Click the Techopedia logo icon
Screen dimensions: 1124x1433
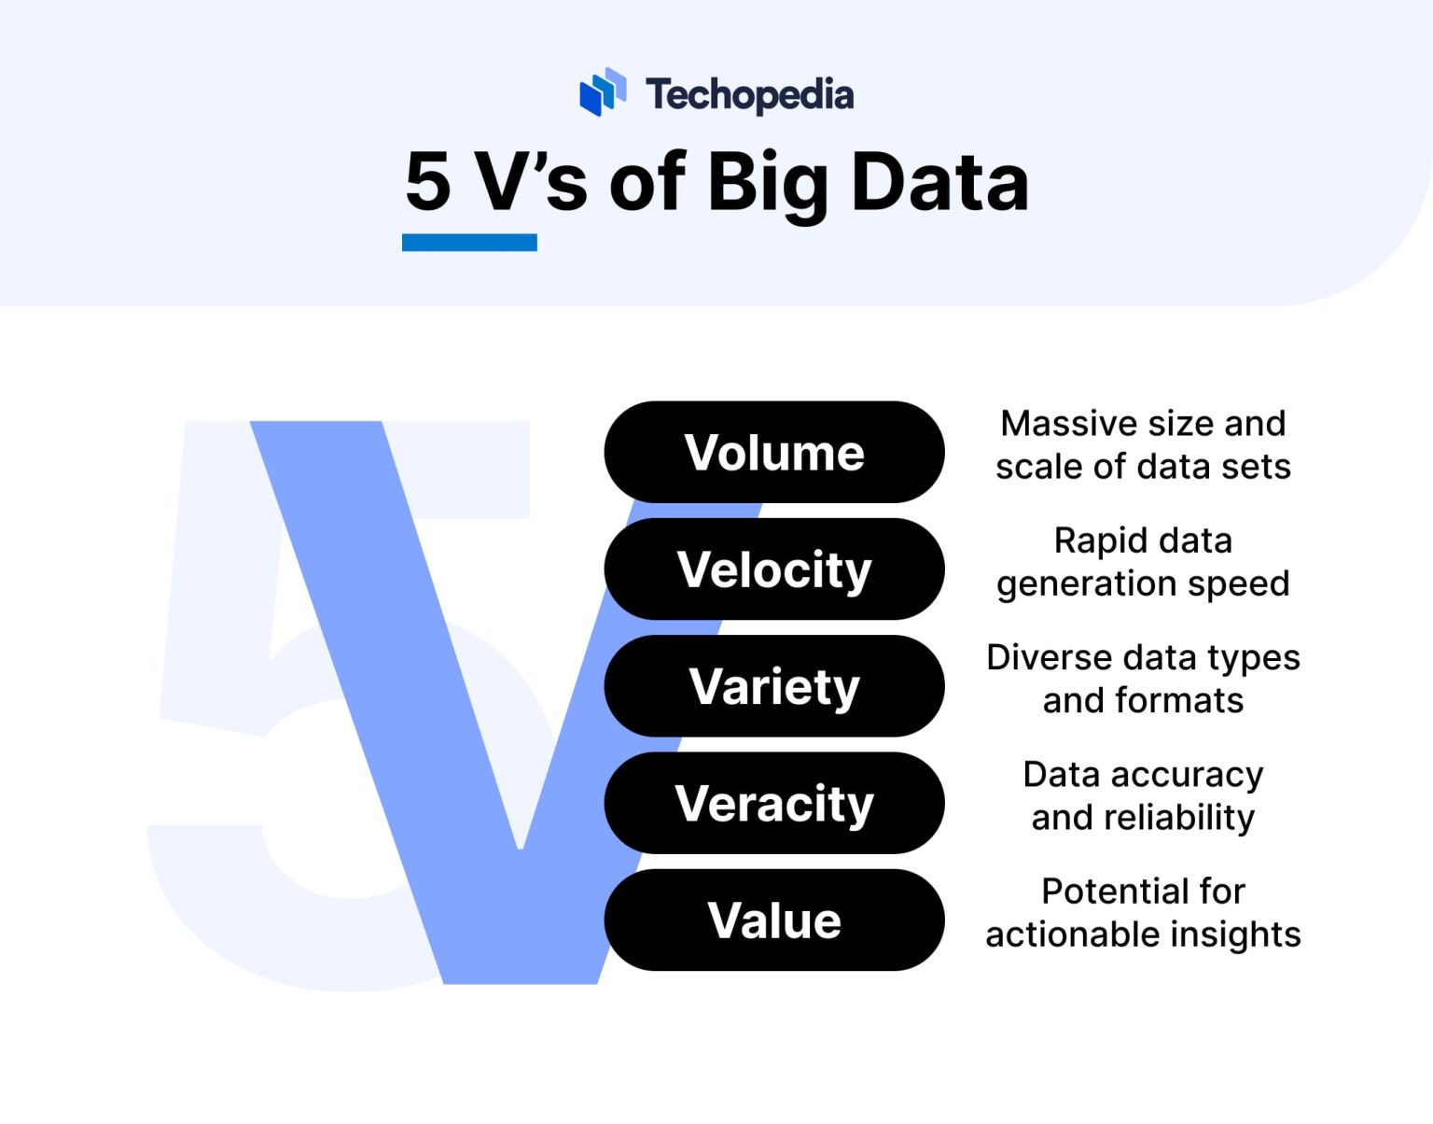pyautogui.click(x=602, y=91)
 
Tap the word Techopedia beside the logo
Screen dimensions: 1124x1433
pyautogui.click(x=749, y=94)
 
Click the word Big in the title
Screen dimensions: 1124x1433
pyautogui.click(x=767, y=183)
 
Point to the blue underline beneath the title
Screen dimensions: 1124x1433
pyautogui.click(x=469, y=243)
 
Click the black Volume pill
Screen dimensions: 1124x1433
pyautogui.click(x=773, y=453)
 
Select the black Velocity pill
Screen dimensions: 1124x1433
pyautogui.click(x=773, y=569)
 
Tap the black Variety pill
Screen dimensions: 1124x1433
pyautogui.click(x=773, y=686)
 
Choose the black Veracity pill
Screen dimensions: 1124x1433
pyautogui.click(x=773, y=803)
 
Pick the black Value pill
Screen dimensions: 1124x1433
pyautogui.click(x=773, y=920)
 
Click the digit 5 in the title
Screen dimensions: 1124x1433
pyautogui.click(x=428, y=182)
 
